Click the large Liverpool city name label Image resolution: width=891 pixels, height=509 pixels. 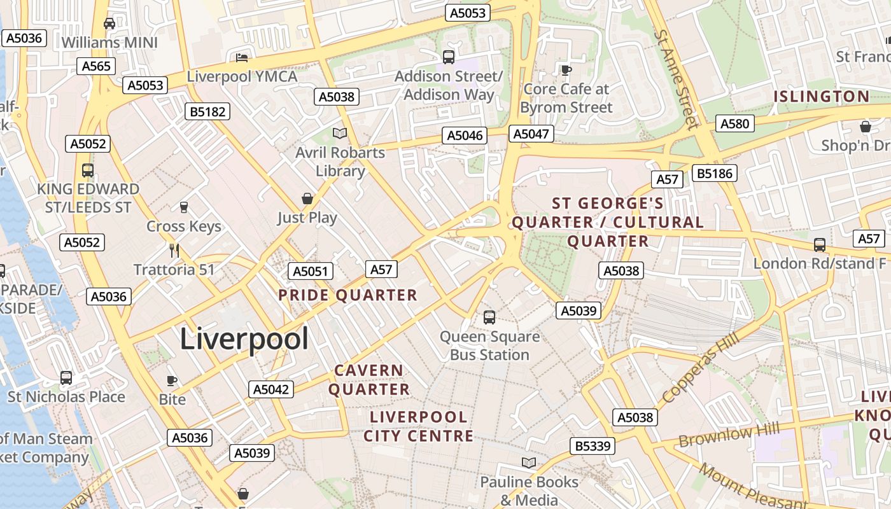[x=244, y=338]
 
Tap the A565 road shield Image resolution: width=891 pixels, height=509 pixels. [x=96, y=66]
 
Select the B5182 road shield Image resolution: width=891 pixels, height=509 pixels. [x=207, y=111]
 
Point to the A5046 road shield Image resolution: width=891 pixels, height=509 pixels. [x=465, y=136]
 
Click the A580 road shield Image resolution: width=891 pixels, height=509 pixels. [x=734, y=123]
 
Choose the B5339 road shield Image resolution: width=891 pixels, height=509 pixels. [x=593, y=446]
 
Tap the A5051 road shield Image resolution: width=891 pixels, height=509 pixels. [x=310, y=272]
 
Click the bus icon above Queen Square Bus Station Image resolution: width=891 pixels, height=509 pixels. [x=489, y=317]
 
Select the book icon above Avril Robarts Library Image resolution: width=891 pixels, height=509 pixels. [x=340, y=133]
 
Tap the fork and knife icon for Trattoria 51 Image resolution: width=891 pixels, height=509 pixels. [x=175, y=250]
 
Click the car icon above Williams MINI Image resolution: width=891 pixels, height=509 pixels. [x=109, y=24]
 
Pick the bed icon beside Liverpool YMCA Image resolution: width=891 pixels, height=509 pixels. [x=242, y=58]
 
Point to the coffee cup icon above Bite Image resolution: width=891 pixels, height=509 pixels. [x=172, y=380]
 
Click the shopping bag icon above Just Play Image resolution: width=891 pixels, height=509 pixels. [x=307, y=199]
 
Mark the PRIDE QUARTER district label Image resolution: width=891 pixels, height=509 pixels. [x=347, y=295]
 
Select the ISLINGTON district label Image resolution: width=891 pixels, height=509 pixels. [x=821, y=97]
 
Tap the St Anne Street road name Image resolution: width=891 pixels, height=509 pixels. [x=677, y=79]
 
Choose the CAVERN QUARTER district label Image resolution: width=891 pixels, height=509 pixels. [x=369, y=380]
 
